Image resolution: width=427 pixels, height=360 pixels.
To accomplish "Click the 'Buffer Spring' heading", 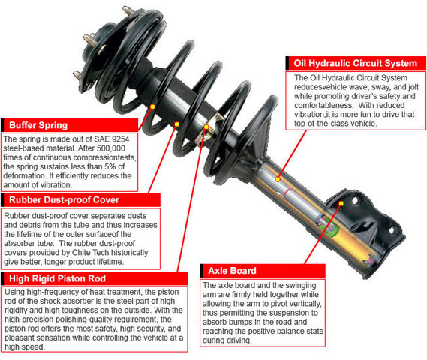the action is (38, 125).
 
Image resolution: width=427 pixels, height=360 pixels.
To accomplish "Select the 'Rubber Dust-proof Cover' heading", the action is (64, 200).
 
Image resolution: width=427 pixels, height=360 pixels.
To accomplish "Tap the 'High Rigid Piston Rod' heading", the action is (57, 278).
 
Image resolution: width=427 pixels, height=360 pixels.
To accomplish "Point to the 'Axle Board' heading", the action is (232, 271).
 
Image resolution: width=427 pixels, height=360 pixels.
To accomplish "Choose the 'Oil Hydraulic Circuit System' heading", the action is (356, 63).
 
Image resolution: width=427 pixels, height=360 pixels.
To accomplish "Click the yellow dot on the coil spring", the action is (152, 106).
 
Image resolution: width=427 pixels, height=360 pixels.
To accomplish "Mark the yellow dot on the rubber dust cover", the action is (177, 124).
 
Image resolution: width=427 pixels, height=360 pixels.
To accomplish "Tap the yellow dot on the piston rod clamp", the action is (206, 127).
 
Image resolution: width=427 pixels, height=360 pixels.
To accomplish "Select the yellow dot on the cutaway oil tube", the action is (278, 179).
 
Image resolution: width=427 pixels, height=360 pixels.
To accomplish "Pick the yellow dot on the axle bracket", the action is (341, 203).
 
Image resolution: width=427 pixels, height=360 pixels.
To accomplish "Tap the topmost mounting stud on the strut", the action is (128, 11).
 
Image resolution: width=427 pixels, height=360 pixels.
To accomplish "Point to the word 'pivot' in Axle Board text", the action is (272, 304).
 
